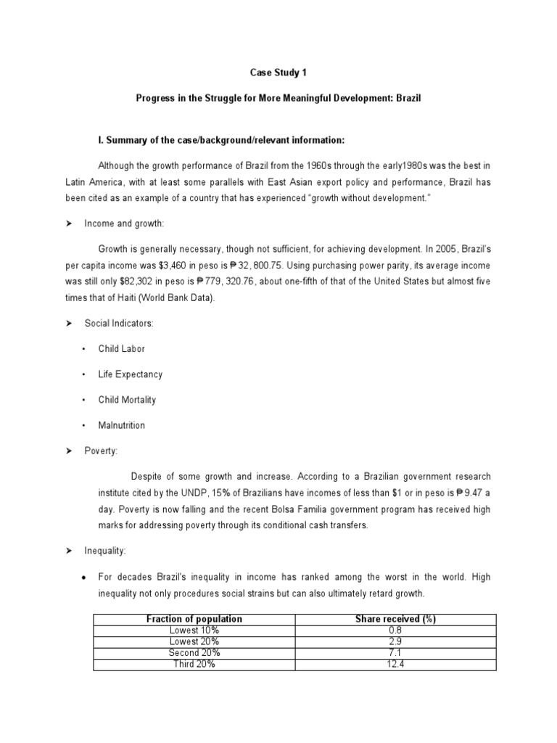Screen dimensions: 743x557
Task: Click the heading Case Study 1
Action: click(x=278, y=73)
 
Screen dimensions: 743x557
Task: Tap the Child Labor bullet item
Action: click(x=121, y=349)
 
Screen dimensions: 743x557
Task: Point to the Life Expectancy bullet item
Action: click(x=130, y=374)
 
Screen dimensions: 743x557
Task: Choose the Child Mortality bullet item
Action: click(x=127, y=400)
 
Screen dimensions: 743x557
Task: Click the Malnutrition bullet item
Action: click(x=121, y=425)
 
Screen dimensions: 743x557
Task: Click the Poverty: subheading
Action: click(x=101, y=451)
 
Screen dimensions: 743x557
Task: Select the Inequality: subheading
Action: click(x=105, y=551)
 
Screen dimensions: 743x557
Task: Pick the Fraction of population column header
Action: click(x=194, y=619)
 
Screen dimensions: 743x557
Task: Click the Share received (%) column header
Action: click(x=395, y=619)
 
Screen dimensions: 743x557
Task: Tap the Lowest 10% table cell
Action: click(x=194, y=631)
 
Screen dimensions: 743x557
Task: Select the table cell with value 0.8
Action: click(x=395, y=631)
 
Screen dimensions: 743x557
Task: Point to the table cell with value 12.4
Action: click(x=395, y=664)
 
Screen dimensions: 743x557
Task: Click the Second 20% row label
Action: click(x=194, y=653)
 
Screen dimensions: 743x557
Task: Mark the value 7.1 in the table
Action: click(x=395, y=653)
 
